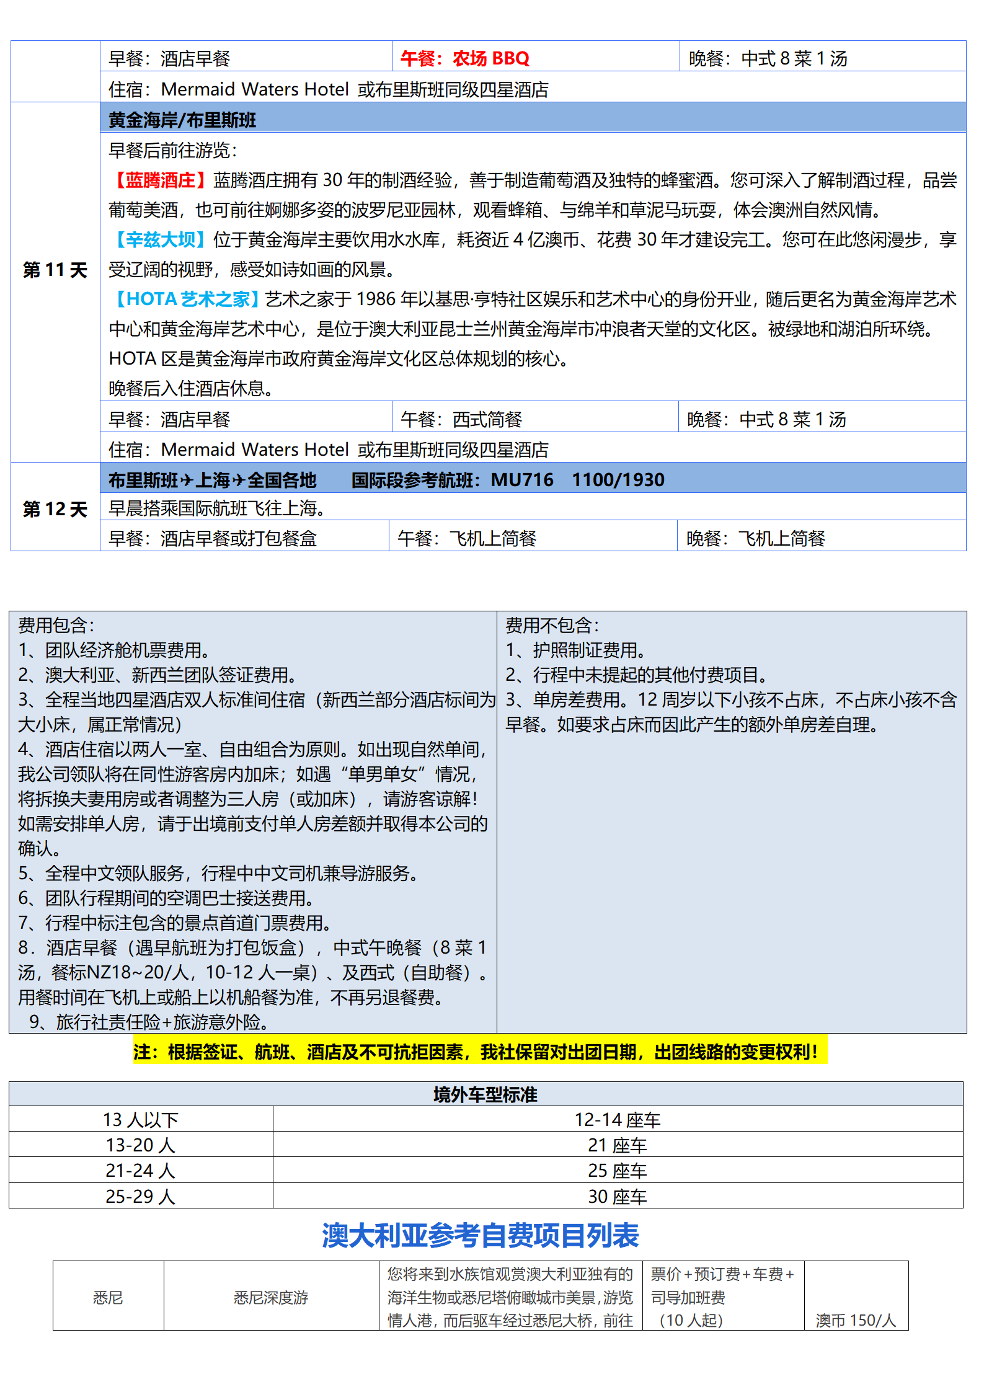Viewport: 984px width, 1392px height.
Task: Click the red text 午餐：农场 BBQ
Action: [465, 58]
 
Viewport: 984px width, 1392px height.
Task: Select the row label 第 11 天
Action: [55, 270]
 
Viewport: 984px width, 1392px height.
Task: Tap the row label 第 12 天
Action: [55, 510]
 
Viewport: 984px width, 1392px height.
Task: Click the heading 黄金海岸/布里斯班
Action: [182, 120]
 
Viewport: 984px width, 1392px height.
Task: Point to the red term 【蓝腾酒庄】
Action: [160, 180]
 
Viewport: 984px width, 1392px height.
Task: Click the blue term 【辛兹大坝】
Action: [160, 240]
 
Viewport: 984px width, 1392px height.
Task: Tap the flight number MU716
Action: [522, 480]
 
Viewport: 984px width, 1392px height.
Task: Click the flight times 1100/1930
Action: [618, 480]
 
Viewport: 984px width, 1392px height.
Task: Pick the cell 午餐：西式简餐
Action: [461, 420]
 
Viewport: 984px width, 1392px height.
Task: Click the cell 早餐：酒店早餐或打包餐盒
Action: [213, 538]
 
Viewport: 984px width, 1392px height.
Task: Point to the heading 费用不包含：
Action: [552, 625]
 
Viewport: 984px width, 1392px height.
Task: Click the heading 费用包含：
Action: [56, 625]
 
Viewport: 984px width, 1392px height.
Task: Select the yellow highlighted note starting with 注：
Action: [479, 1052]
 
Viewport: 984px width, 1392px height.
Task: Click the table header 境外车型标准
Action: [485, 1094]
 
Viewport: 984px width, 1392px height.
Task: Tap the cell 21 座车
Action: [617, 1145]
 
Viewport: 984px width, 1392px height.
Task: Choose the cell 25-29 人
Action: [141, 1196]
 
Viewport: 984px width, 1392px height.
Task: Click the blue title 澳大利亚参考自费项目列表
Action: [480, 1235]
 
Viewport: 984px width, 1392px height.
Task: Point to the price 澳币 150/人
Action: [856, 1320]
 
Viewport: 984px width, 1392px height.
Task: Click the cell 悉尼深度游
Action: [271, 1297]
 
